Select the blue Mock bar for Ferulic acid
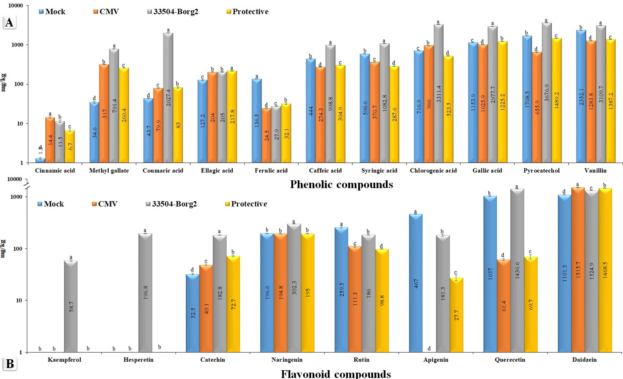point(257,121)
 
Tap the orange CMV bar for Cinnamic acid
point(50,140)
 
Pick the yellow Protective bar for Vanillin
point(610,101)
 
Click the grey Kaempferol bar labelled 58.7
point(71,306)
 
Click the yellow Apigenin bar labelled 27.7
point(456,315)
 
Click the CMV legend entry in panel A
point(106,12)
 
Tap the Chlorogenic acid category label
point(433,171)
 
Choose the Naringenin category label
point(287,360)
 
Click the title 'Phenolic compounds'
point(341,185)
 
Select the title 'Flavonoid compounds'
point(336,374)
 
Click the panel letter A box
point(9,23)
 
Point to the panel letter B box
point(10,364)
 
